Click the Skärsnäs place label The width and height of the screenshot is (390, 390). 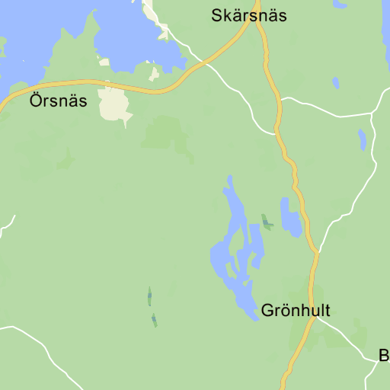pyautogui.click(x=249, y=15)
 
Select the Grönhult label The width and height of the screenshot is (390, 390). pyautogui.click(x=296, y=311)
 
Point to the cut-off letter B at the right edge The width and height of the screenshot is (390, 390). pyautogui.click(x=385, y=355)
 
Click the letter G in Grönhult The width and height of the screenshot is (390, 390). pyautogui.click(x=267, y=311)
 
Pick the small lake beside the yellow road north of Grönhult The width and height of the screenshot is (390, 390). pyautogui.click(x=289, y=218)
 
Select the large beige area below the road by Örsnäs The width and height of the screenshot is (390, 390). pyautogui.click(x=113, y=104)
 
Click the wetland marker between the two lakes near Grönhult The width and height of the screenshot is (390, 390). pyautogui.click(x=266, y=222)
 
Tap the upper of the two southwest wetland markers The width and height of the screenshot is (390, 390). pyautogui.click(x=149, y=296)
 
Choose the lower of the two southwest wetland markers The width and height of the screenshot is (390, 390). pyautogui.click(x=154, y=320)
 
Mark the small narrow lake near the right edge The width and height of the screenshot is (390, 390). pyautogui.click(x=363, y=139)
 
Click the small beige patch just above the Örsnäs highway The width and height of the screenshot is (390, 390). pyautogui.click(x=155, y=74)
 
